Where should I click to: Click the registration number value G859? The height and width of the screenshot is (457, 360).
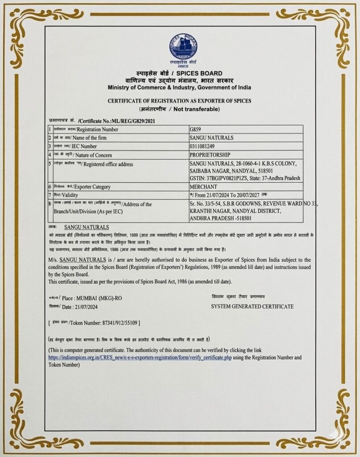(x=196, y=129)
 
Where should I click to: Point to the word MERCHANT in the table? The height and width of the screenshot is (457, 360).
(x=203, y=187)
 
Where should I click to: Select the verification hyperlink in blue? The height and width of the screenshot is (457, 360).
(x=140, y=358)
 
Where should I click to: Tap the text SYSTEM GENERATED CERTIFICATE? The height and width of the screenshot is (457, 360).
(x=252, y=307)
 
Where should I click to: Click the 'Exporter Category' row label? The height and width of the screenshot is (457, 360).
(x=91, y=187)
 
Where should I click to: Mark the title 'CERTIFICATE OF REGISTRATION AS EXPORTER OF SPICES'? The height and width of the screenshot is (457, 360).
(x=180, y=101)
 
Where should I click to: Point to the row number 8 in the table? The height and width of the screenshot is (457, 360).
(x=50, y=204)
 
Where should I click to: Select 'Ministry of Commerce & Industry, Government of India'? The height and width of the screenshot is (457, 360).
(x=179, y=87)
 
